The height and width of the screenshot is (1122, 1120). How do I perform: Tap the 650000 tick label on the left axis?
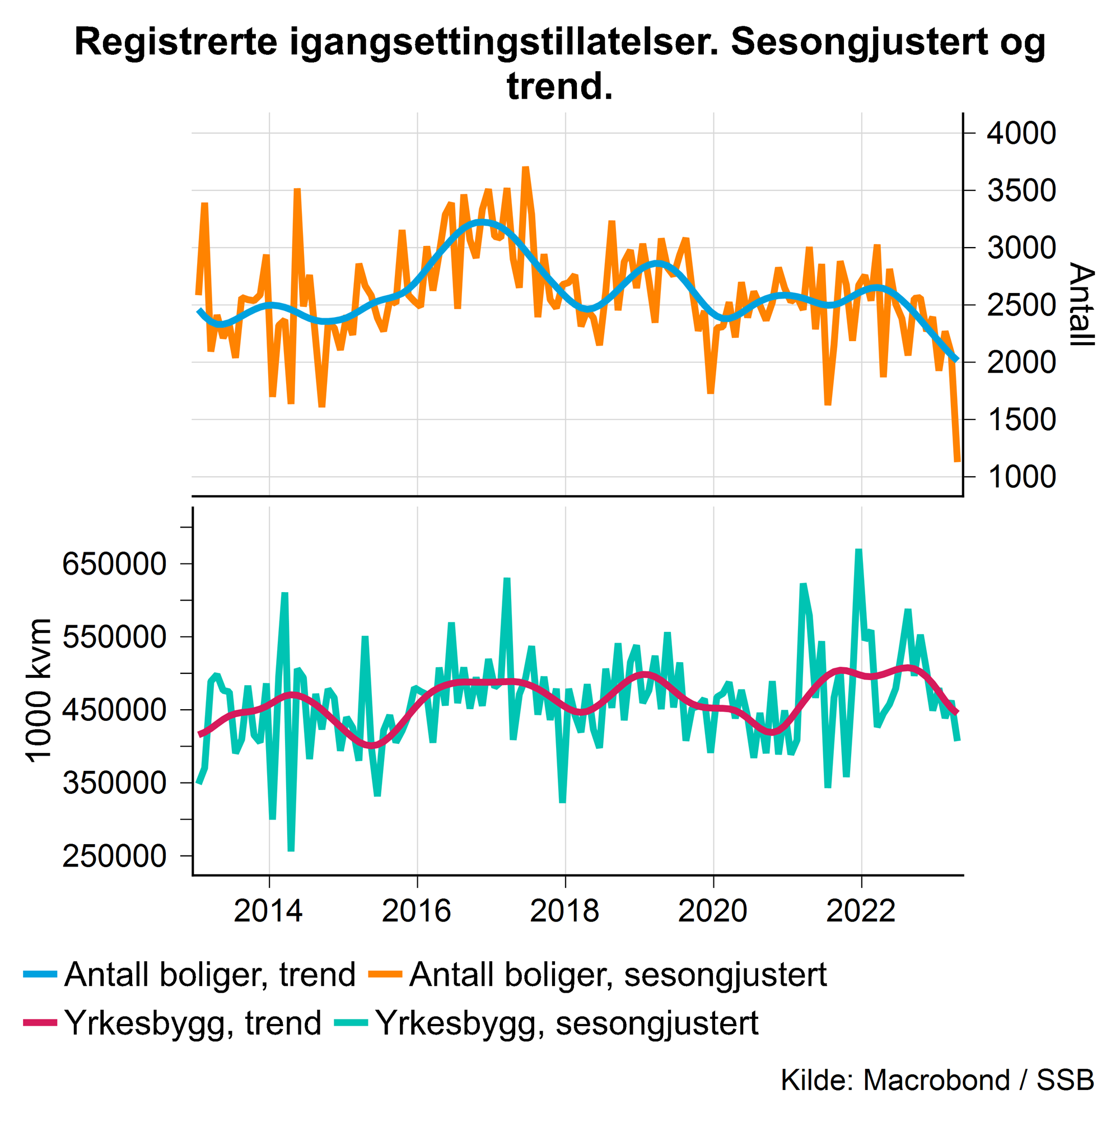(x=114, y=564)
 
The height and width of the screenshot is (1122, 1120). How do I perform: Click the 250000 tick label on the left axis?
(x=114, y=856)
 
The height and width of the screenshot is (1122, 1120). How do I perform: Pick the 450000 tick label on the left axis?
(x=114, y=710)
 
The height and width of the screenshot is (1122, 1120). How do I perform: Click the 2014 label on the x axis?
(x=268, y=911)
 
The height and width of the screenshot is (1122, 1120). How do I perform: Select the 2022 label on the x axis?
(x=861, y=911)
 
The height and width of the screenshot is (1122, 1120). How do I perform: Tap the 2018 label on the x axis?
(x=564, y=911)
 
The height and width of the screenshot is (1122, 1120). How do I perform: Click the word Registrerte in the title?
(x=176, y=43)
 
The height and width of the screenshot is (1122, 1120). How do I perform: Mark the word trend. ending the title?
(x=559, y=86)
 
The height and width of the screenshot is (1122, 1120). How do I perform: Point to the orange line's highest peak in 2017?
(x=525, y=169)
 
